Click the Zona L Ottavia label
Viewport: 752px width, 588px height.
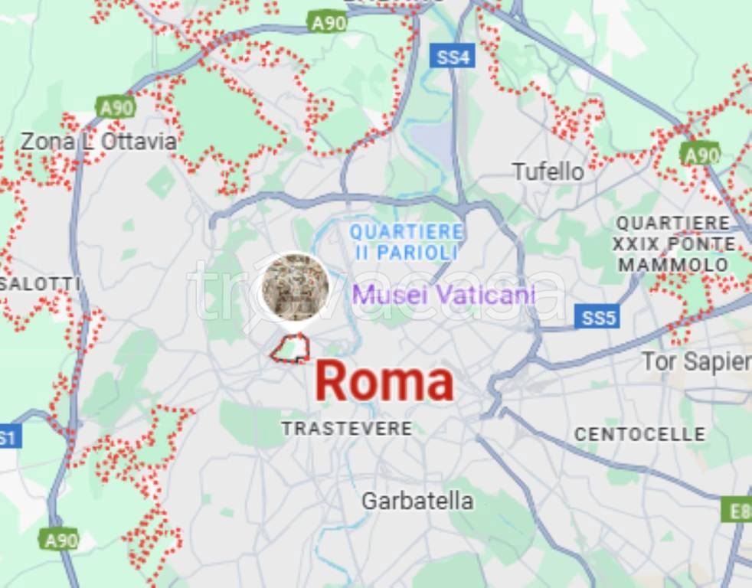coord(98,142)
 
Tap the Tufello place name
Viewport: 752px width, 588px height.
coord(548,171)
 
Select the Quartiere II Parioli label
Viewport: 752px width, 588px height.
coord(407,241)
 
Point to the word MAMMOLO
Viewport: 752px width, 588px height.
coord(674,265)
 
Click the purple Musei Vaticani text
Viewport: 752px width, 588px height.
coord(443,294)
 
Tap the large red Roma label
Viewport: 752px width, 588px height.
coord(384,382)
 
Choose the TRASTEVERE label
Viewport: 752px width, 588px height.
coord(347,429)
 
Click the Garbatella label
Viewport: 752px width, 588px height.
coord(417,501)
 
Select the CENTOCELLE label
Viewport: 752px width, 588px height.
coord(640,434)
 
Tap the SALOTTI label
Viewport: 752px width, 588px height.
coord(40,284)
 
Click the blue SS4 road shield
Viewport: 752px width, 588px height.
coord(453,56)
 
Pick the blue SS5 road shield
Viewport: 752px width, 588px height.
coord(597,318)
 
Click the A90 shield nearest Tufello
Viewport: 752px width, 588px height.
coord(700,155)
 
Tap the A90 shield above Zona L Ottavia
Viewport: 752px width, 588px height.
coord(116,107)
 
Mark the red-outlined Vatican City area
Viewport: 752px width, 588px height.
coord(291,348)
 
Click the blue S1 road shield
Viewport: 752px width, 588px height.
coord(8,438)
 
